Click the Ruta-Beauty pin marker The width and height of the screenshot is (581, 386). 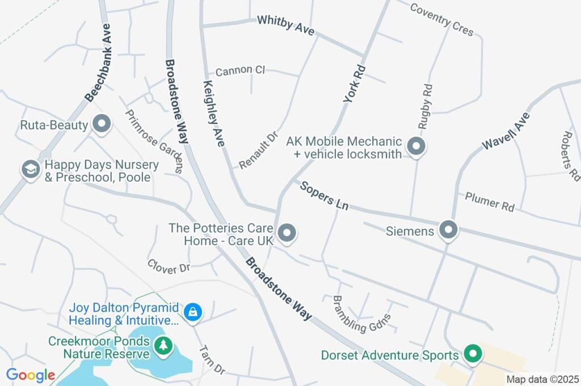point(102,124)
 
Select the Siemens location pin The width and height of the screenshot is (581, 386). point(448,230)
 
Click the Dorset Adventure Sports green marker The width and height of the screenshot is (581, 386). point(472,355)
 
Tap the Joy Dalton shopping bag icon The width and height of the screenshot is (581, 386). point(193,313)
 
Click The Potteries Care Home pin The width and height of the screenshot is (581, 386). point(287,233)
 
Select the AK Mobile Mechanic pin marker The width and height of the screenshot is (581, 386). point(417,147)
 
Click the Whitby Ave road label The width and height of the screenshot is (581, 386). point(285,26)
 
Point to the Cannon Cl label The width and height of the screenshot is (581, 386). point(240,70)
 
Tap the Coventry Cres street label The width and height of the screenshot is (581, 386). point(441,19)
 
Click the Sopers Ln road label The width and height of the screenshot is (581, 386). point(324,196)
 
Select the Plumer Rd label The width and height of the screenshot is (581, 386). point(489,202)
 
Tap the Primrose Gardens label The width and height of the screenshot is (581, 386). point(154,141)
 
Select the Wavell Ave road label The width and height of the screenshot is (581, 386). point(506,131)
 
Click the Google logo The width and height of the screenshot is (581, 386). point(31,375)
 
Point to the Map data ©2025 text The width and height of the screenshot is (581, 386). point(542,379)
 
